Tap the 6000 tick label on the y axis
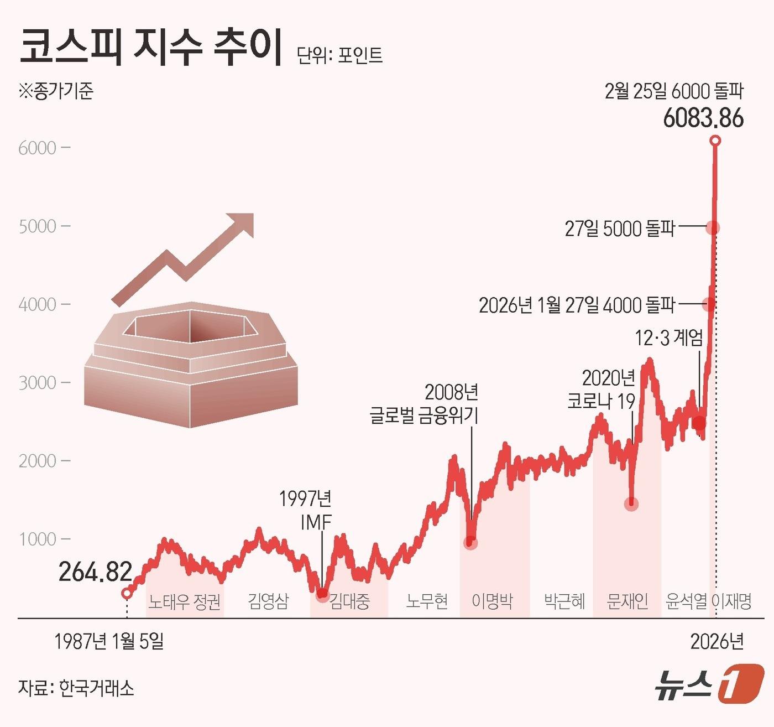pyautogui.click(x=38, y=148)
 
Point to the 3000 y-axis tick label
pyautogui.click(x=38, y=383)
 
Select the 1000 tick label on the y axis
pyautogui.click(x=38, y=539)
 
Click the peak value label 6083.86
pyautogui.click(x=703, y=118)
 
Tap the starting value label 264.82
pyautogui.click(x=96, y=572)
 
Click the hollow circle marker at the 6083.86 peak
pyautogui.click(x=715, y=141)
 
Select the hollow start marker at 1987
pyautogui.click(x=127, y=593)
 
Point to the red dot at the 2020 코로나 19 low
pyautogui.click(x=631, y=503)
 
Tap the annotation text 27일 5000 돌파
pyautogui.click(x=620, y=229)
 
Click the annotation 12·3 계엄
pyautogui.click(x=668, y=337)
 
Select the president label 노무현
pyautogui.click(x=427, y=601)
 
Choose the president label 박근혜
pyautogui.click(x=564, y=601)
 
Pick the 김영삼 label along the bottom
pyautogui.click(x=268, y=601)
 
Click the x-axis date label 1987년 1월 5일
pyautogui.click(x=109, y=641)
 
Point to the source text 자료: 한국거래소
pyautogui.click(x=76, y=688)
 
